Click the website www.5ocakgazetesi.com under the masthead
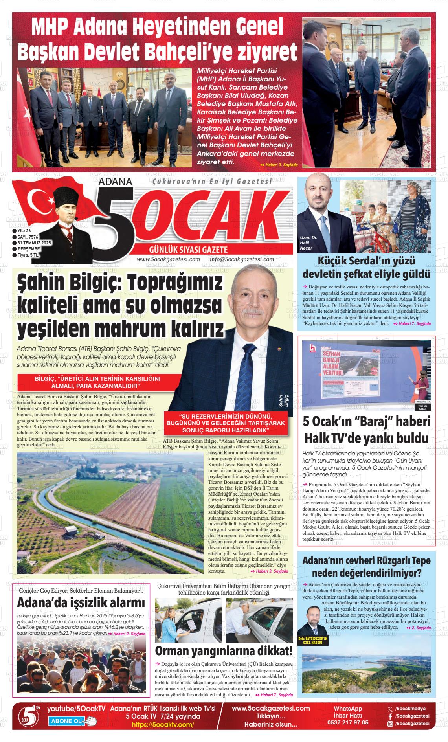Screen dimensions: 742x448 click(168, 259)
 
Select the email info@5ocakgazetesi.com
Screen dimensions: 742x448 click(242, 259)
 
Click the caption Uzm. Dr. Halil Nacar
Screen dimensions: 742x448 click(307, 243)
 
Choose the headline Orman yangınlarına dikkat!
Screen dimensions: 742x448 click(224, 651)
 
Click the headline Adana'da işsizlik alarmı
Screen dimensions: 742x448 click(81, 602)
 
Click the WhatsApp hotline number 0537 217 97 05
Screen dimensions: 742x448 click(348, 722)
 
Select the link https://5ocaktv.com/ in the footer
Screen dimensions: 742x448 click(163, 725)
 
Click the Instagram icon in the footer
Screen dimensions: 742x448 click(390, 724)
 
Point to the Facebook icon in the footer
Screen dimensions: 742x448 click(390, 716)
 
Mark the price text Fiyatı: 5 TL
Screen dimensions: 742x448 click(28, 255)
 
